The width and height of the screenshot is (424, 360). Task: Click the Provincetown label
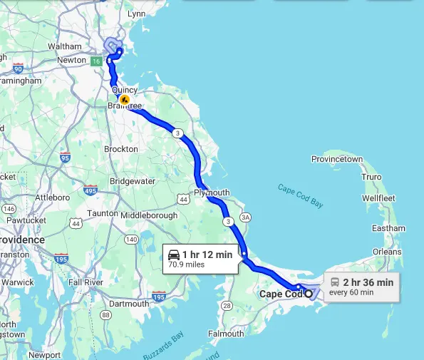338,159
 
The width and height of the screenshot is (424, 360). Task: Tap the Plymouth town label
212,192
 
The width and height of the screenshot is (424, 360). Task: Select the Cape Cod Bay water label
300,196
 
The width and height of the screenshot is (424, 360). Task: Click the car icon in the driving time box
174,254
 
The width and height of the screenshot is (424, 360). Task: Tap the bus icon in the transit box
334,282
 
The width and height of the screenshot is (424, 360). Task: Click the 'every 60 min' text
351,292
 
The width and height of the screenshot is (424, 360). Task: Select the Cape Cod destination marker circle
309,294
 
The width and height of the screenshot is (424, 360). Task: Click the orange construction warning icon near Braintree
125,101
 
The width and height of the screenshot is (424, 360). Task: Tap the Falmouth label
226,333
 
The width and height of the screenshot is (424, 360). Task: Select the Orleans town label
387,252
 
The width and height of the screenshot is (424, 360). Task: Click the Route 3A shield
246,217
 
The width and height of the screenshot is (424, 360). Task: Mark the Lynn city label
135,14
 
